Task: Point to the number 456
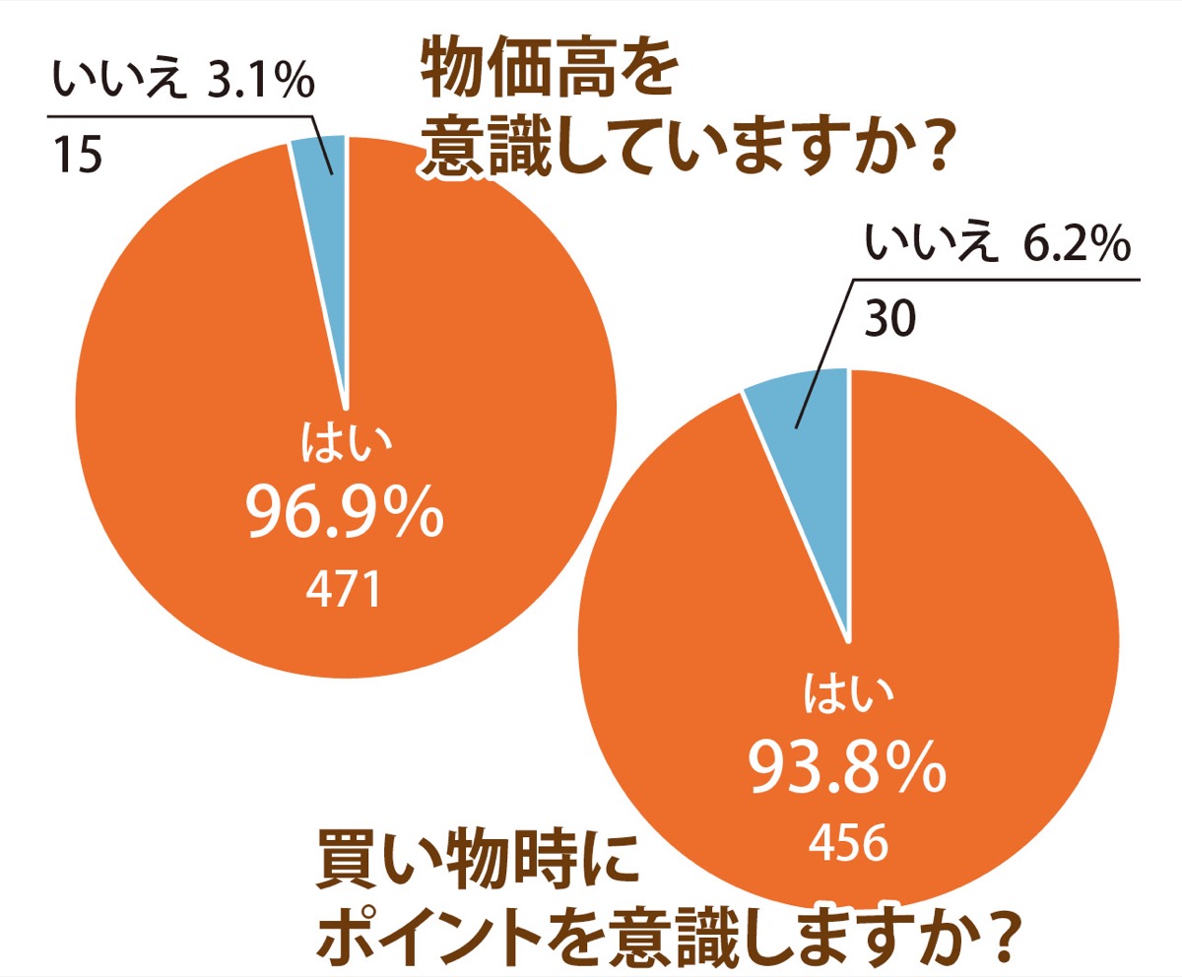click(x=848, y=842)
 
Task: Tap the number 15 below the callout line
click(x=75, y=155)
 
